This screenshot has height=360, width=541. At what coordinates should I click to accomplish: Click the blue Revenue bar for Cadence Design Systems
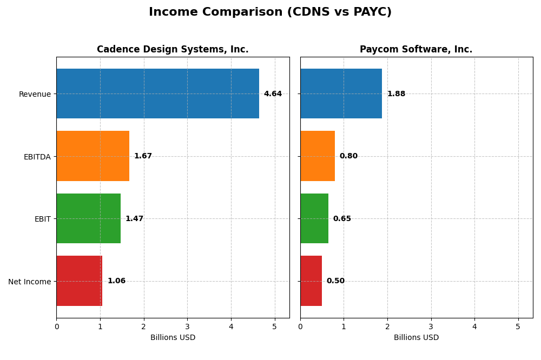157,94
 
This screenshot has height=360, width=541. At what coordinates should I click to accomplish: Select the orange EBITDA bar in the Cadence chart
93,156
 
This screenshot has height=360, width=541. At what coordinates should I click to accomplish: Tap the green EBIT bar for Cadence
88,218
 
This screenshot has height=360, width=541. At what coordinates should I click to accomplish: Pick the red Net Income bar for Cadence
80,281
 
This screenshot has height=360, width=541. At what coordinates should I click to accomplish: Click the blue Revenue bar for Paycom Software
341,94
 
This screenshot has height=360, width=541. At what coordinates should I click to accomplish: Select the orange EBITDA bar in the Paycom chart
318,156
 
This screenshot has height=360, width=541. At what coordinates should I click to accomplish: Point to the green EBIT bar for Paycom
314,218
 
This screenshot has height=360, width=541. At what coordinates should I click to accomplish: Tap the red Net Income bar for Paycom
311,281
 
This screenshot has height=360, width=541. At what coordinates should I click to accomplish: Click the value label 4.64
273,94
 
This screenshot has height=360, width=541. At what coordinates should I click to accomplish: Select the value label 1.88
396,94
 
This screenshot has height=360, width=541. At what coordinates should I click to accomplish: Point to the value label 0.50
335,281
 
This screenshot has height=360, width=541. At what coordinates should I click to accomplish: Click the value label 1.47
134,219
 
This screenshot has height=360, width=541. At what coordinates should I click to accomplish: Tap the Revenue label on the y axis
35,95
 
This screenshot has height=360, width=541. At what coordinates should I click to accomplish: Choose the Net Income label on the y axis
29,282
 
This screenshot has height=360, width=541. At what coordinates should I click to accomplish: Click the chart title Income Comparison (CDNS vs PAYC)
270,12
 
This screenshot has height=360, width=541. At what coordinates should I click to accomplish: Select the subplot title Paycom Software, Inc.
416,50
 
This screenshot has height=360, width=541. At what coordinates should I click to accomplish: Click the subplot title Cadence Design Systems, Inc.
173,50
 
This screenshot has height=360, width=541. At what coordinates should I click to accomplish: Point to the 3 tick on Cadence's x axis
187,326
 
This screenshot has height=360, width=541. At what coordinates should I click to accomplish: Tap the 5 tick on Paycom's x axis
518,326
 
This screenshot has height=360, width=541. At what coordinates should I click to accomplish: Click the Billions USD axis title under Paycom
416,338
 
